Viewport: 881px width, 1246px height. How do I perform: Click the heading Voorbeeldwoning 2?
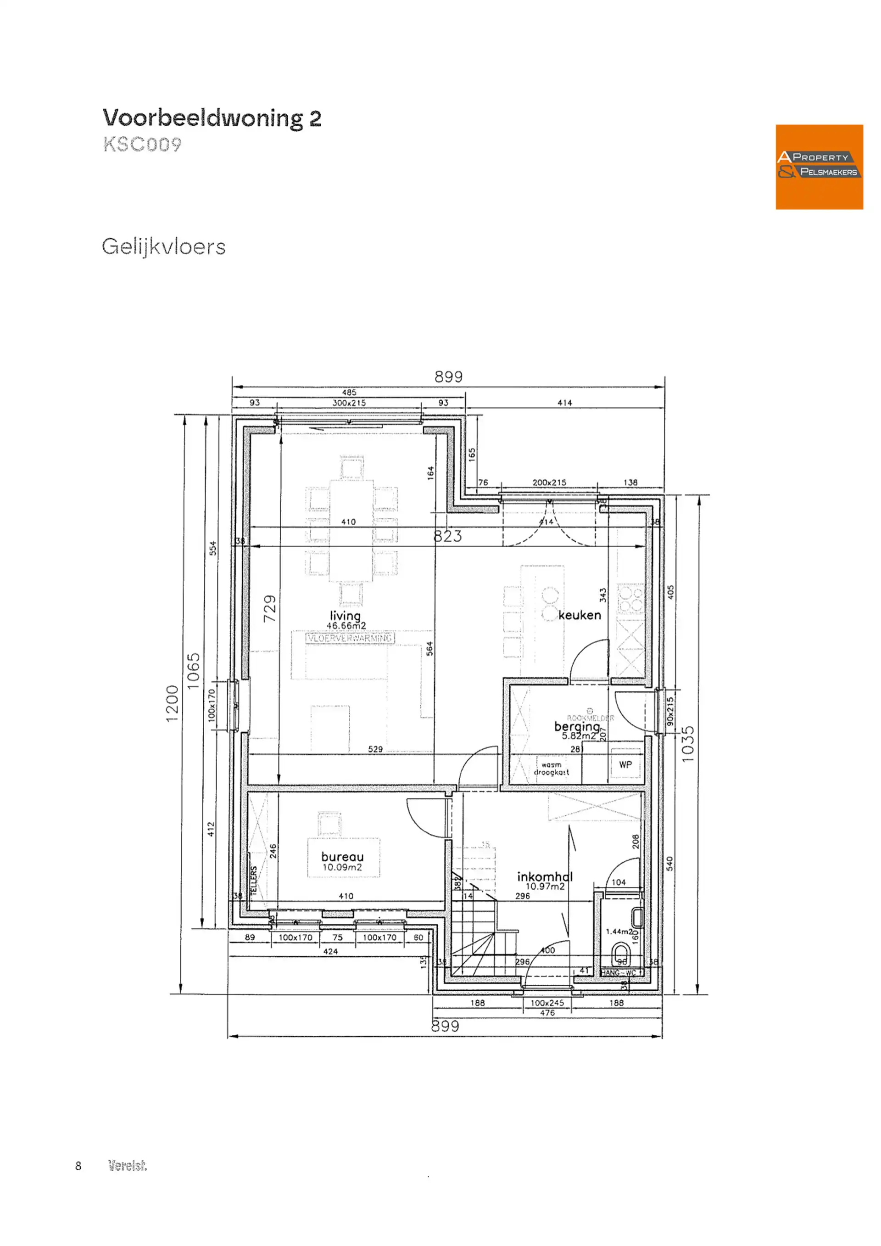point(212,118)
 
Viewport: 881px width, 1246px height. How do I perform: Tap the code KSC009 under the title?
point(142,144)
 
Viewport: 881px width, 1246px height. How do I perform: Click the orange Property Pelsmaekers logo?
point(819,167)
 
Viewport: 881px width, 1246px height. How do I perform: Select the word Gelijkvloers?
point(163,247)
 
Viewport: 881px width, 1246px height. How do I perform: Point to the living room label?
point(346,616)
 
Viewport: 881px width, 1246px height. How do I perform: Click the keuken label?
point(580,615)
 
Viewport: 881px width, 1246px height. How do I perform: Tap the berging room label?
point(577,726)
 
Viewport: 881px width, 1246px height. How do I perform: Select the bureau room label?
point(342,856)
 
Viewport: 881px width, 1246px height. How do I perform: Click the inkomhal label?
point(545,876)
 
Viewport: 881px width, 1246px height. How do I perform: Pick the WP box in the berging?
point(625,765)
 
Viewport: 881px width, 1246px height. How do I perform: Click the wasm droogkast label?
point(551,769)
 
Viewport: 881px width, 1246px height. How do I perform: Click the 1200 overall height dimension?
point(172,703)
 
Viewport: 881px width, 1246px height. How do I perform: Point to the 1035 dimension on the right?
point(687,744)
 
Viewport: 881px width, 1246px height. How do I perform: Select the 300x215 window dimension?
point(349,403)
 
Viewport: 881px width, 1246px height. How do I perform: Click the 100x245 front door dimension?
point(547,1003)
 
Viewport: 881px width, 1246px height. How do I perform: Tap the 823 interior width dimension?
point(447,536)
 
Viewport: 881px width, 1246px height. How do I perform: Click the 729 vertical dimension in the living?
point(270,608)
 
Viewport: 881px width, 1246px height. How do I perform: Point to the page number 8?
point(78,1166)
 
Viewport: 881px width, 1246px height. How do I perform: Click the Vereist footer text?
point(128,1166)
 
